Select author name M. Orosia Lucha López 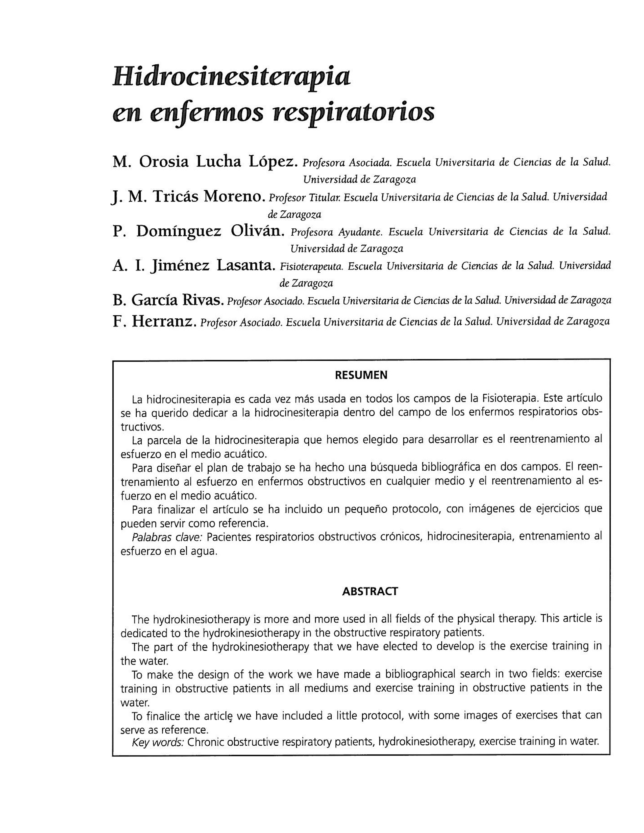[205, 162]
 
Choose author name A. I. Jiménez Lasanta [194, 265]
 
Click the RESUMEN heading [361, 375]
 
